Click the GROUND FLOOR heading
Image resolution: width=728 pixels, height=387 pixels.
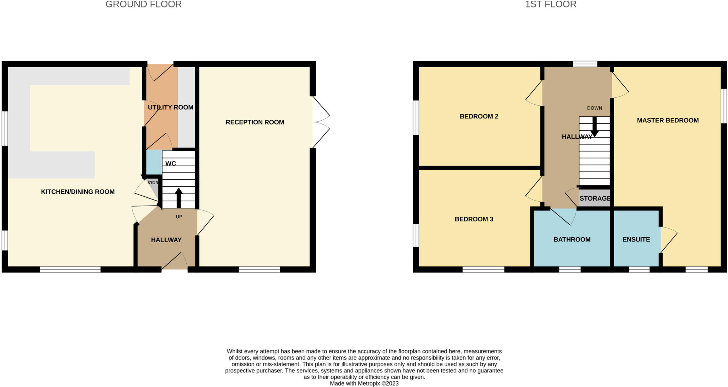coord(144,4)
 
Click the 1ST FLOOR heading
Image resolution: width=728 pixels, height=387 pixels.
coord(551,4)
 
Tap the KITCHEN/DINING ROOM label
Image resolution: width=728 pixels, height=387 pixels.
coord(77,192)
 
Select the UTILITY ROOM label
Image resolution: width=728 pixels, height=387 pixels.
coord(171,107)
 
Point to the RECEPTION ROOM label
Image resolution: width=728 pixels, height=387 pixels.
coord(255,122)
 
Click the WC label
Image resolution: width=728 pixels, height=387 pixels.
coord(171,164)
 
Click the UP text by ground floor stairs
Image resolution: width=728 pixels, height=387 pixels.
coord(179,217)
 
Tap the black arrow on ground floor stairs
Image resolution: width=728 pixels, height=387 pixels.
coord(179,198)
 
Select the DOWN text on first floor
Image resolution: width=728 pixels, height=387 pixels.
coord(595,108)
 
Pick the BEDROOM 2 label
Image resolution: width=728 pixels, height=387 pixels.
coord(479,116)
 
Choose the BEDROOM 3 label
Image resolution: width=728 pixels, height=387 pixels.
coord(474,219)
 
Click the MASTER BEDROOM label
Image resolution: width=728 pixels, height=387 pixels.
coord(668,121)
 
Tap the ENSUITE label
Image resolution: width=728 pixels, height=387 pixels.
coord(636,240)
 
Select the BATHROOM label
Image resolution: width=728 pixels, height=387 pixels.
coord(572,240)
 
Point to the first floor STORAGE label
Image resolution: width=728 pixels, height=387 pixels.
coord(595,198)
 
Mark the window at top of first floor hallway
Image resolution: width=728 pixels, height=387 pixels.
coord(585,64)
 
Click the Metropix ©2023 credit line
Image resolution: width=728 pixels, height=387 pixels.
coord(364,383)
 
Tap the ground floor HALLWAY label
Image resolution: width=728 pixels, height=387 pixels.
coord(166,240)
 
